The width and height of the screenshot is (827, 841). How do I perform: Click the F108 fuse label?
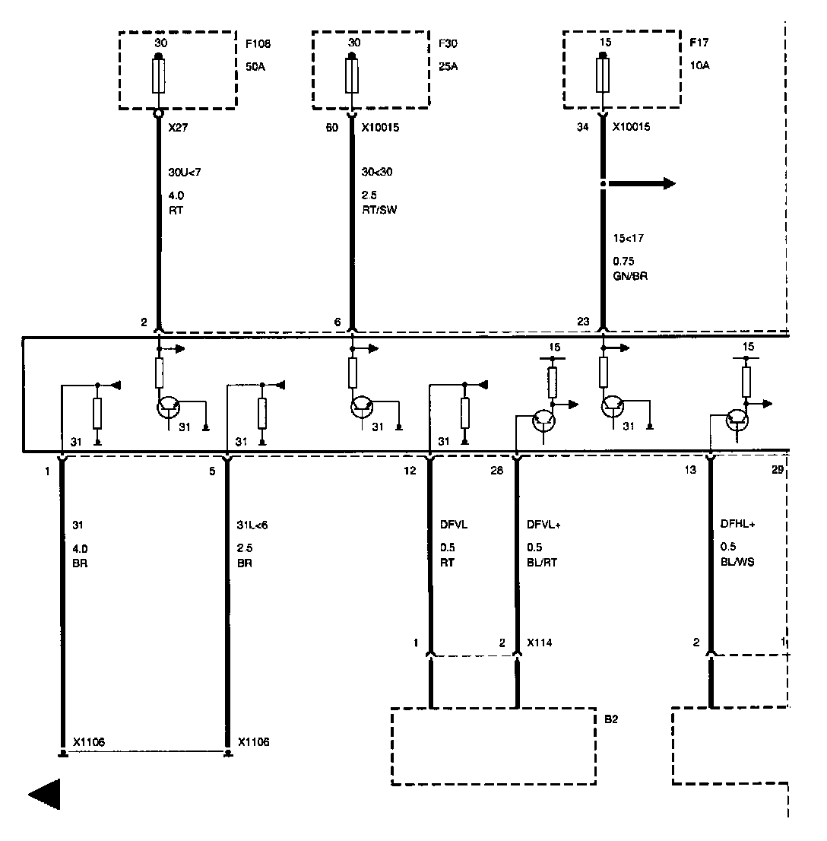[255, 44]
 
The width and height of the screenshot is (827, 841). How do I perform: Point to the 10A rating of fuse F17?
[700, 66]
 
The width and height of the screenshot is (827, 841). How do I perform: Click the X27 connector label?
[178, 128]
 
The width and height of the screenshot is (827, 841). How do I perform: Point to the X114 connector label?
[539, 643]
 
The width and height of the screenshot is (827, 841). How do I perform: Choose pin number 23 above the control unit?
[583, 321]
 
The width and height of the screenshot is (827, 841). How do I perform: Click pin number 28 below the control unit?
[496, 471]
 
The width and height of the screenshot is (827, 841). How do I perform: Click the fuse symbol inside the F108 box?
[159, 76]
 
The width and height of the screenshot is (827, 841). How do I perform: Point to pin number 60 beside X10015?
[331, 128]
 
